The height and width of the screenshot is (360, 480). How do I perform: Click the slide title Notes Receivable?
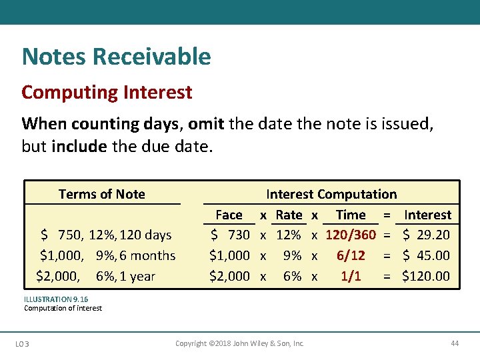116,57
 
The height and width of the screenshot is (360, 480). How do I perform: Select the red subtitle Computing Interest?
107,92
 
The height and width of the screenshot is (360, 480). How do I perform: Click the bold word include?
79,146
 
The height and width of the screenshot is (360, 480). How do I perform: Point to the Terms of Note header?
101,194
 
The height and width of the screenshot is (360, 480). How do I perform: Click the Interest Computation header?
331,194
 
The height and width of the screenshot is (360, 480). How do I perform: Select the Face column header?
229,215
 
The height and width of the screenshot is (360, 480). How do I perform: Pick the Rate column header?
289,215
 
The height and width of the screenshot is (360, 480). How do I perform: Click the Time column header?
351,215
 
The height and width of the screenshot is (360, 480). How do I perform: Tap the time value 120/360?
351,235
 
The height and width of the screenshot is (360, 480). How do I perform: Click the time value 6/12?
351,255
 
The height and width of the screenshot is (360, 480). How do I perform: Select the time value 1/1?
351,276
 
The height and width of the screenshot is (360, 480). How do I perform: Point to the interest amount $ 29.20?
427,235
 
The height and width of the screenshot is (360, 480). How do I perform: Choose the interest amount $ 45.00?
427,255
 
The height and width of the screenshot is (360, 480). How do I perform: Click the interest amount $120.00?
426,276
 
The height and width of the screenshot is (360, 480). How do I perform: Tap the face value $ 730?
230,235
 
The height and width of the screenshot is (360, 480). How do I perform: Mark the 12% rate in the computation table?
289,235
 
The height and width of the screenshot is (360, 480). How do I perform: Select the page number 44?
455,343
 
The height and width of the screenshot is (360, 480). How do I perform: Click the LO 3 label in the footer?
27,344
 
